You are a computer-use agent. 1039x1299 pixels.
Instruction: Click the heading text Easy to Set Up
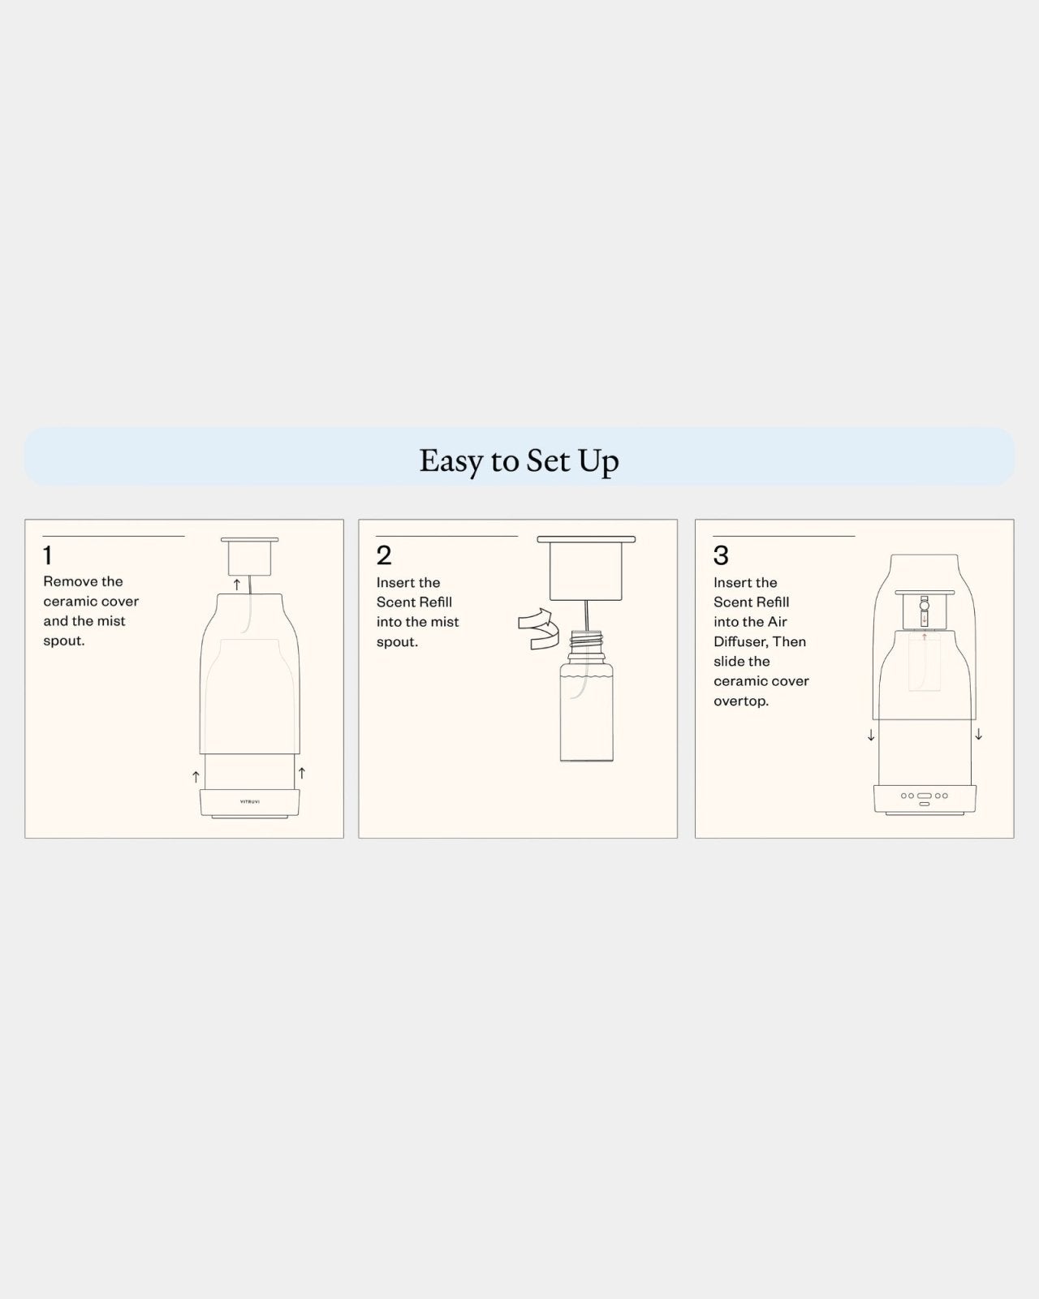tap(519, 461)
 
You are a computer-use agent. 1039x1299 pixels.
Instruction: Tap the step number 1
tap(48, 555)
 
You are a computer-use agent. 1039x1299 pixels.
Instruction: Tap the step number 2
tap(384, 555)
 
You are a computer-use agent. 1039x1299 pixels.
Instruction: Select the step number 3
tap(721, 555)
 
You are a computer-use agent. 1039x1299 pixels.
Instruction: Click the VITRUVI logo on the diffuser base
tap(250, 801)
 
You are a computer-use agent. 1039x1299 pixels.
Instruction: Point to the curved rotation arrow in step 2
tap(535, 628)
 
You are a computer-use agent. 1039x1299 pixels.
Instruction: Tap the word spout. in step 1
tap(64, 641)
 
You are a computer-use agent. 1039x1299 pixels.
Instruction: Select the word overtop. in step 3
tap(741, 701)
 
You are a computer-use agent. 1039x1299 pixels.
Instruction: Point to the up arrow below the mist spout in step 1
tap(237, 585)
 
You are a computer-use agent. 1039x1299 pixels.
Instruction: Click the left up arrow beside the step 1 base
tap(196, 777)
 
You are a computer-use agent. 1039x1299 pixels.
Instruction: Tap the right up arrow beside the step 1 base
tap(302, 773)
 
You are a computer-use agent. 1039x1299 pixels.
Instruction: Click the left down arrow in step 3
tap(871, 736)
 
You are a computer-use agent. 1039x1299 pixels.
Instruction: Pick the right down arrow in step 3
tap(979, 734)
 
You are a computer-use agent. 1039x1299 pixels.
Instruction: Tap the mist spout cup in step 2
tap(586, 568)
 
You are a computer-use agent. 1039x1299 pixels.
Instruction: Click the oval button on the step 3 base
tap(925, 796)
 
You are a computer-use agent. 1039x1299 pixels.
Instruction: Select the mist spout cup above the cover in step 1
tap(249, 556)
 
